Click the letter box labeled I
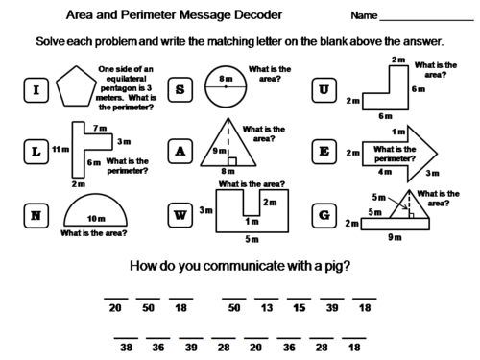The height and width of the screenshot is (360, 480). click(36, 91)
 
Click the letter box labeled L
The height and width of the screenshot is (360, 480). click(36, 152)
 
